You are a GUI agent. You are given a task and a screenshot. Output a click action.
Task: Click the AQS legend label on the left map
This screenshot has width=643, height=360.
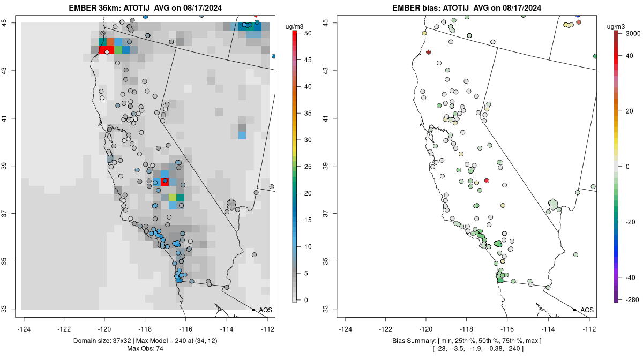pyautogui.click(x=265, y=310)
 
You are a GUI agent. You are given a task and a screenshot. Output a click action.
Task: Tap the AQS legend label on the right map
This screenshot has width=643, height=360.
pyautogui.click(x=587, y=310)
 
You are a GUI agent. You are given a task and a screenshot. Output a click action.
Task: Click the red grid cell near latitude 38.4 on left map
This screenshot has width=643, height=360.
pyautogui.click(x=165, y=182)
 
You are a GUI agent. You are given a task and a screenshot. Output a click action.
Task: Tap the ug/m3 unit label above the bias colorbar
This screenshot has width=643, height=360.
pyautogui.click(x=619, y=26)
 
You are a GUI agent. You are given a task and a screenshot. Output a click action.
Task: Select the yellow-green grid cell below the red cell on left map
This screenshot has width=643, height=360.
pyautogui.click(x=173, y=198)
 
